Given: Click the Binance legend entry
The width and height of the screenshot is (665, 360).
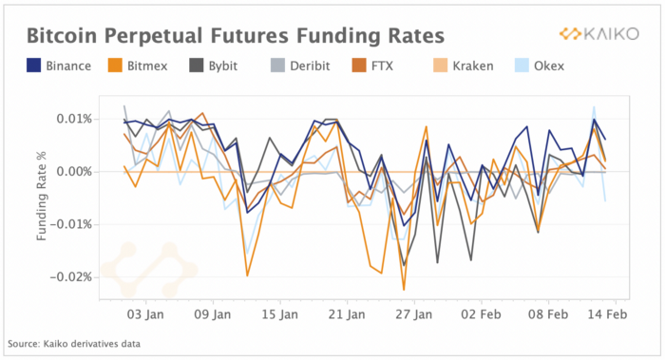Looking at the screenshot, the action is (x=59, y=66).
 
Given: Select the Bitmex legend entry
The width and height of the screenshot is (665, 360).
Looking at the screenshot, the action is (x=138, y=66).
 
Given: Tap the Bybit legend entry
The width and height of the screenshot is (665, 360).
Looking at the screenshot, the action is (x=214, y=66).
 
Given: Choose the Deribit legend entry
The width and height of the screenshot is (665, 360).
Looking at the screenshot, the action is (x=300, y=66).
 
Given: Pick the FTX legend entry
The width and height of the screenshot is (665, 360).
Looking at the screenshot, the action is (x=372, y=66).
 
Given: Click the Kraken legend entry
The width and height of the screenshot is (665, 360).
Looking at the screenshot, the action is (x=464, y=66).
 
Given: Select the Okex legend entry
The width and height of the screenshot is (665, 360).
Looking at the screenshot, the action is (x=540, y=66).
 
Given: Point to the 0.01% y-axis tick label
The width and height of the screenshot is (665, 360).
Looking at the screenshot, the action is (x=74, y=119).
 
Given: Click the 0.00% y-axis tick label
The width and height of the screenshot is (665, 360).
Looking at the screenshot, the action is (x=74, y=172).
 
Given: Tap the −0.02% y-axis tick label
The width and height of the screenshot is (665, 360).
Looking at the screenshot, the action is (x=71, y=277).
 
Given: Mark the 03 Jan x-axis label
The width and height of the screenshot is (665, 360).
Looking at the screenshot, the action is (x=146, y=314).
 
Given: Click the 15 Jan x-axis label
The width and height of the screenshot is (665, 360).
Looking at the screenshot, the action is (x=280, y=314).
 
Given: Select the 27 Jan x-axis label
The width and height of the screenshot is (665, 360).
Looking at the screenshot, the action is (x=414, y=314).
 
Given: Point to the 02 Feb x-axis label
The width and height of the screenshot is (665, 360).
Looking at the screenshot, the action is (x=482, y=314).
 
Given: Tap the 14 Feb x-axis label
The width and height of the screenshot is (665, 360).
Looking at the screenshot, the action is (x=607, y=314).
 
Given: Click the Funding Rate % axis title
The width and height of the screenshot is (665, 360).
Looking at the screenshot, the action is (x=42, y=197).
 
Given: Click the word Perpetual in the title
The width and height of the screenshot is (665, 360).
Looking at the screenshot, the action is (x=153, y=36).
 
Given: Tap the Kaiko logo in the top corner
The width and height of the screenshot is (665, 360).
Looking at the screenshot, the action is (x=598, y=34).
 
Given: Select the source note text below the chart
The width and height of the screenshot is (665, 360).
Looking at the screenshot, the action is (x=74, y=344).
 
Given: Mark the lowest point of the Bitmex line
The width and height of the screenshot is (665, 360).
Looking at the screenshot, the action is (x=404, y=290).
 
